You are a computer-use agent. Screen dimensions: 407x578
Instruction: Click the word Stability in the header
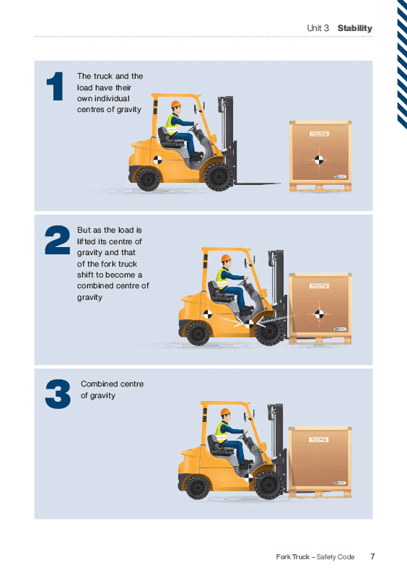[x=355, y=28]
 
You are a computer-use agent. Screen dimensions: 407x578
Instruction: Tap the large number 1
[x=56, y=86]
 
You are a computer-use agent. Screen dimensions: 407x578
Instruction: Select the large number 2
[x=58, y=240]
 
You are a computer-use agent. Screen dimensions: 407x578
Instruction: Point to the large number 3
[x=58, y=394]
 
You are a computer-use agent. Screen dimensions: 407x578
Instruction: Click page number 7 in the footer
[x=372, y=556]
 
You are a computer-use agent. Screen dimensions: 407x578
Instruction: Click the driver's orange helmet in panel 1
[x=175, y=104]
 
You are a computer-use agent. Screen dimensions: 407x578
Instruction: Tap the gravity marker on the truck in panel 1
[x=157, y=160]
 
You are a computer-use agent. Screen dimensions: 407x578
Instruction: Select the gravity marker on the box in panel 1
[x=319, y=160]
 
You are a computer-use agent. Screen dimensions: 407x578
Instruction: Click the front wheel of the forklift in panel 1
[x=219, y=177]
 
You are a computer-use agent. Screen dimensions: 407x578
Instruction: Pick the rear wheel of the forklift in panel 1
[x=148, y=179]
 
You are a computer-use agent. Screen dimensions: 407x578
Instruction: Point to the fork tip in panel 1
[x=280, y=183]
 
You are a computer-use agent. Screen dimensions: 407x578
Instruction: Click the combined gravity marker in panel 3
[x=249, y=478]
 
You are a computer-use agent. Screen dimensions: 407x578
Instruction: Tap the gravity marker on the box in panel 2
[x=319, y=314]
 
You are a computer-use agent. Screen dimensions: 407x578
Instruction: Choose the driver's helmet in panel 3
[x=225, y=412]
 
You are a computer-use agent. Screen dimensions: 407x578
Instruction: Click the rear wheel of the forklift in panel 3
[x=198, y=487]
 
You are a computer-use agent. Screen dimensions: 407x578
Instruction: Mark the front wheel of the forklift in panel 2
[x=268, y=332]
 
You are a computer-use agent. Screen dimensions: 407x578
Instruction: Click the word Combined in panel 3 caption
[x=97, y=384]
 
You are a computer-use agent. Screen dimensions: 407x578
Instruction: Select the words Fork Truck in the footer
[x=293, y=556]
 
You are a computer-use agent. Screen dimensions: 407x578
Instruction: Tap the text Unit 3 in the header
[x=318, y=28]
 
